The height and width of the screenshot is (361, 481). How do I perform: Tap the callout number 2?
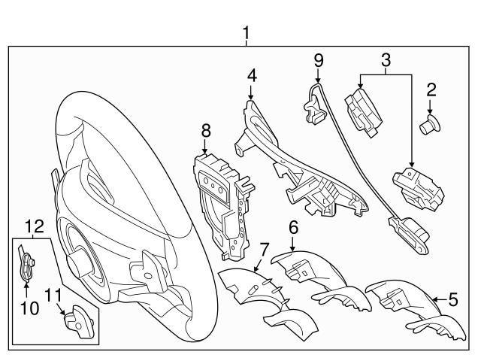431,92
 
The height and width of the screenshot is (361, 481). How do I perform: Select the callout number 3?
386,59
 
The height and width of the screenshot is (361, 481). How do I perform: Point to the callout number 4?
252,76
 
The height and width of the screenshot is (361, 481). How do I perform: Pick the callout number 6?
293,226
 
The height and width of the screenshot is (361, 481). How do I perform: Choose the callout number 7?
263,249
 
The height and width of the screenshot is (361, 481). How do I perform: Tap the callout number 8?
206,130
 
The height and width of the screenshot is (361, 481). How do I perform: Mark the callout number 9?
318,59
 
